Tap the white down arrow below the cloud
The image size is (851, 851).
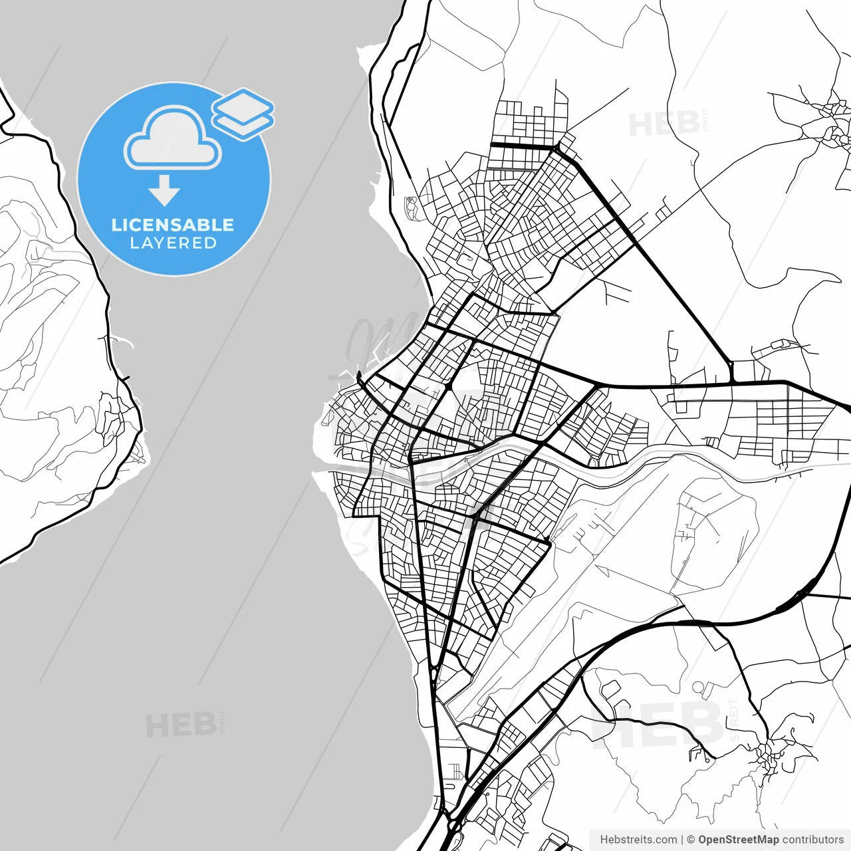tap(164, 192)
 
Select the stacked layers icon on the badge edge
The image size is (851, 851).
tap(243, 112)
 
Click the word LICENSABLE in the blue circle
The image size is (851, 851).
tap(173, 225)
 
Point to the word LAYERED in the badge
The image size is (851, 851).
tap(173, 243)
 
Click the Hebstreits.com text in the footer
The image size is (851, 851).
tap(638, 840)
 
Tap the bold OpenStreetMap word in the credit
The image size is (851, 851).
tap(738, 840)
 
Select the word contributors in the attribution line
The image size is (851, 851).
tap(812, 840)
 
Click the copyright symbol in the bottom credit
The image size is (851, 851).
tap(691, 840)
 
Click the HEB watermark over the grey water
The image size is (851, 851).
tap(181, 725)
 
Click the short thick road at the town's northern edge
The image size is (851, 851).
tap(522, 145)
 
